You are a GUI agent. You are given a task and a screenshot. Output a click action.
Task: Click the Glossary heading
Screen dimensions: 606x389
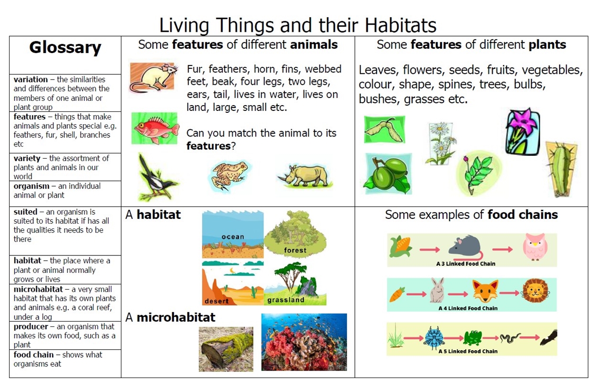coord(65,48)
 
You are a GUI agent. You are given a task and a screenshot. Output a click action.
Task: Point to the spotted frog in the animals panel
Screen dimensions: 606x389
coord(230,174)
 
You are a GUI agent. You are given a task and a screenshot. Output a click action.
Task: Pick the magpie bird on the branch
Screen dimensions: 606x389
coord(157,178)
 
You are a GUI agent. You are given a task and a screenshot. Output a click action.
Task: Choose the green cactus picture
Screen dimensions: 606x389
coord(561,169)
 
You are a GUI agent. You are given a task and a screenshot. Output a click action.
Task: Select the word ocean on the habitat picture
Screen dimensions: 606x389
coord(233,237)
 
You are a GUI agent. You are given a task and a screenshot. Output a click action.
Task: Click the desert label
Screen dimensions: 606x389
coord(217,301)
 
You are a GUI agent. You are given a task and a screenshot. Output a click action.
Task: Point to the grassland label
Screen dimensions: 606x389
coord(286,300)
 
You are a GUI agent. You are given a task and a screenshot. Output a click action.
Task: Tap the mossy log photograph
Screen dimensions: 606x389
coord(226,349)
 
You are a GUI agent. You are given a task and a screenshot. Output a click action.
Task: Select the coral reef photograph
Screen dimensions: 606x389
coord(304,342)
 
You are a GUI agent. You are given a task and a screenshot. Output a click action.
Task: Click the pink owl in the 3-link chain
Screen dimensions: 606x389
coord(535,247)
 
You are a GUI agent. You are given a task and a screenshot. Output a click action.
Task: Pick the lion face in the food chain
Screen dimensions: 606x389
coord(535,291)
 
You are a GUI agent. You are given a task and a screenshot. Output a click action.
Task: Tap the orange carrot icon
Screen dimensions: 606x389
coord(397,294)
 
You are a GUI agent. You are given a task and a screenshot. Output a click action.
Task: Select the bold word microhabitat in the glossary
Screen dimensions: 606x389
coord(38,289)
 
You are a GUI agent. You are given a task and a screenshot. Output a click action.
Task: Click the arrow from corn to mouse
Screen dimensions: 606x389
coord(430,250)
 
